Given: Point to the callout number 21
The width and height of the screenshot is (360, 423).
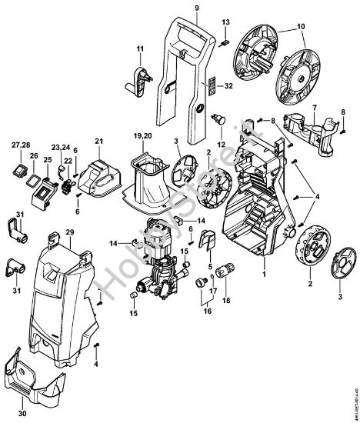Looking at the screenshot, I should [x=98, y=140].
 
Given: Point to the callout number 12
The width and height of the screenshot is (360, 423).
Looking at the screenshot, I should [x=220, y=145].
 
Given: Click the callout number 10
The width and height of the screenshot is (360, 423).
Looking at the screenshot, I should [x=299, y=27].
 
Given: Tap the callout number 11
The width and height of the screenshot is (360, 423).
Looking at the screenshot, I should [x=140, y=49].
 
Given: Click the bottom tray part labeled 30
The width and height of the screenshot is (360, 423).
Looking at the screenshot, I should [x=42, y=381].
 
